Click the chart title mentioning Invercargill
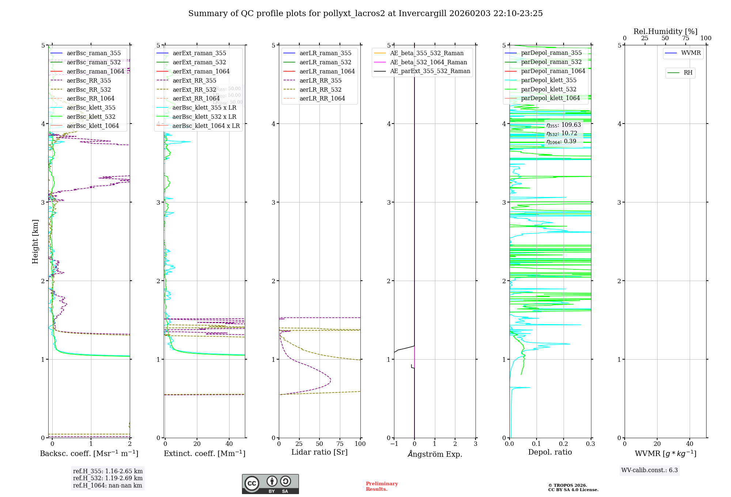point(365,14)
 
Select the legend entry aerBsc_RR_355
point(88,80)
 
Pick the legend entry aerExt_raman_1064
point(201,71)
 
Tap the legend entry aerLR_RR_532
point(320,90)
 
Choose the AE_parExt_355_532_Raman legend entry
point(430,71)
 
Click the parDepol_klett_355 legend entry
point(549,80)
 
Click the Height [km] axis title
point(35,241)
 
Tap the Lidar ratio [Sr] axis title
point(319,452)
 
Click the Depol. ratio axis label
point(550,452)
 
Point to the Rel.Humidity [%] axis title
point(665,31)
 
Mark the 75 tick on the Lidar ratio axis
point(340,444)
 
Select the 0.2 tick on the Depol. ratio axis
point(564,444)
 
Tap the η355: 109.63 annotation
point(564,125)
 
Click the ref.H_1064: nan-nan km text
point(107,485)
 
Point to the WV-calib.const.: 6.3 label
point(649,470)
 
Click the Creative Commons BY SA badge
point(270,484)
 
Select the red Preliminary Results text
point(382,486)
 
